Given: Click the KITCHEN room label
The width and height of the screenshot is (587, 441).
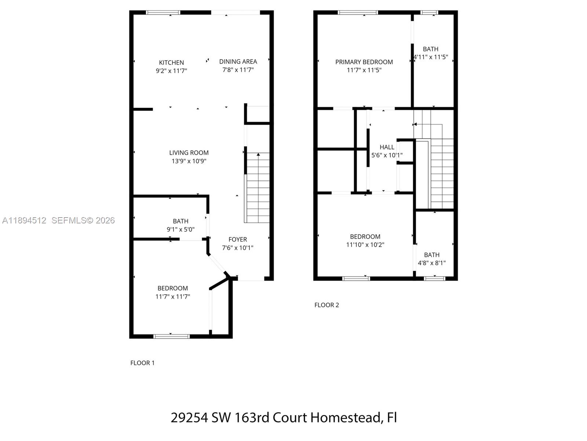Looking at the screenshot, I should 171,62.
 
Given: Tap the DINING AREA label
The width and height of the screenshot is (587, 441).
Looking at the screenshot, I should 238,61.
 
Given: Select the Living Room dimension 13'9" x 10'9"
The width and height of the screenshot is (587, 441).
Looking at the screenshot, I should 189,161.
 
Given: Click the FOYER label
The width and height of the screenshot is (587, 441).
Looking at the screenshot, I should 238,239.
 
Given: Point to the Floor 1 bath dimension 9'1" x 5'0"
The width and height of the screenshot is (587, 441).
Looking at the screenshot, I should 181,229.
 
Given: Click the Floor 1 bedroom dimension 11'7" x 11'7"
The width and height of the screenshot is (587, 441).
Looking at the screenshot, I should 173,297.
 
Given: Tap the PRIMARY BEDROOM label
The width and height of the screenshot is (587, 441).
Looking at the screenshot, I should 364,62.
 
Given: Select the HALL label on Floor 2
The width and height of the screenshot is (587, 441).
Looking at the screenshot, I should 387,147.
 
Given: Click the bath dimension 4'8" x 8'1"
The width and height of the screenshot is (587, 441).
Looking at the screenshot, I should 432,263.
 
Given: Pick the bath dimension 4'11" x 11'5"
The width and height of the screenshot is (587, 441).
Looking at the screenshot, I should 431,57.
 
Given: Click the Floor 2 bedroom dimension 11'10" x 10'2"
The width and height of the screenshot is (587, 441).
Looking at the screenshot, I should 365,245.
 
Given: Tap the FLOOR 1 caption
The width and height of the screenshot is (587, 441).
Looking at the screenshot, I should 142,363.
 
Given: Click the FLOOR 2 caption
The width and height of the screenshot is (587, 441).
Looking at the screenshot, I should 327,305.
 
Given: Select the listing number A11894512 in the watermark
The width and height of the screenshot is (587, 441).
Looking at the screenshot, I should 24,220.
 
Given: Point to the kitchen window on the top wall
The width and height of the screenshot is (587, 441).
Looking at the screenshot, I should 163,12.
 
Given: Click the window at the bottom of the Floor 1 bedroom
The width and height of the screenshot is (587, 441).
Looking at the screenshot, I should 171,336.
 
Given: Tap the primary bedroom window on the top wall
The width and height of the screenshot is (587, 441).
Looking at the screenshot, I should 358,12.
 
